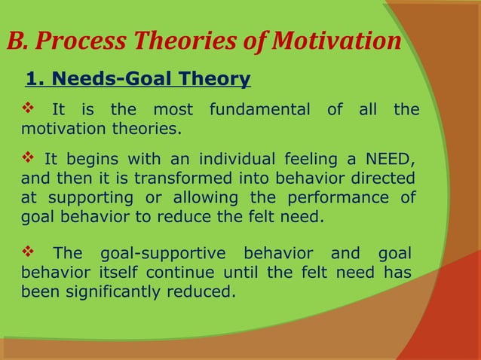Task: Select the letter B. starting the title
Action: [17, 41]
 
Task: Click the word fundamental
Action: [259, 110]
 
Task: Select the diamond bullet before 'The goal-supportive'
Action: [26, 252]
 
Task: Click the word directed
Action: [389, 178]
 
